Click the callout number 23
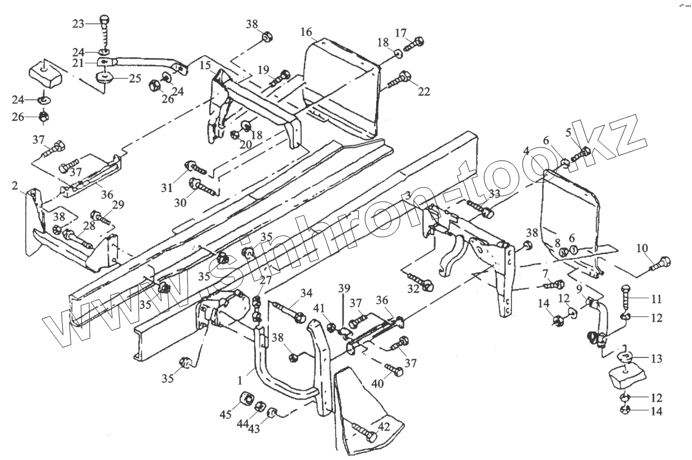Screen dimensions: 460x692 [78, 24]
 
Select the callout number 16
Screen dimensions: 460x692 [306, 31]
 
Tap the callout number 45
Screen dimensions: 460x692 [226, 415]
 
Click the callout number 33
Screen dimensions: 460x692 [494, 194]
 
